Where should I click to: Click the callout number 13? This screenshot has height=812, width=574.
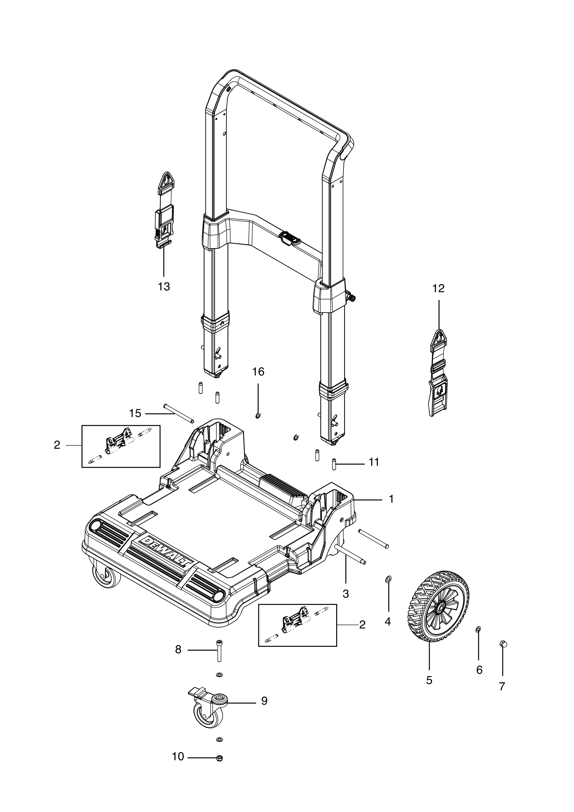click(x=164, y=287)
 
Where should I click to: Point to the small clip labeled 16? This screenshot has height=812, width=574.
click(x=258, y=416)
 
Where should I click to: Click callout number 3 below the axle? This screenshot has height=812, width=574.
click(x=346, y=594)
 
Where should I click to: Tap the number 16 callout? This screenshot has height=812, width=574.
click(x=258, y=372)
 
